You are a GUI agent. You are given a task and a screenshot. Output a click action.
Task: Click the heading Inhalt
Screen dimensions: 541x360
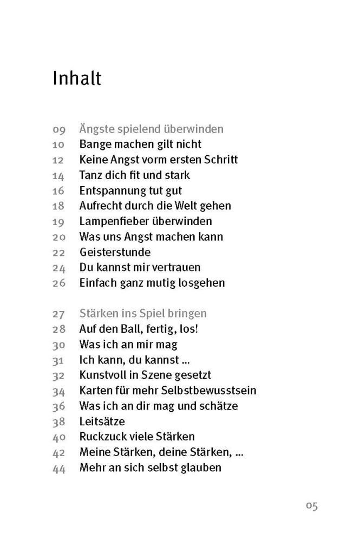[x=77, y=78]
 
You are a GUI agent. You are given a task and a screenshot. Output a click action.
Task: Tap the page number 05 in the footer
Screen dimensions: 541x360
[x=311, y=506]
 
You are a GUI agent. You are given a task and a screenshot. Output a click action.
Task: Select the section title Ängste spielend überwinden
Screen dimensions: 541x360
[x=152, y=129]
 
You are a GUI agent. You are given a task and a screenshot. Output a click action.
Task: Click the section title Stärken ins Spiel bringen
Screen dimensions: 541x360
[x=143, y=313]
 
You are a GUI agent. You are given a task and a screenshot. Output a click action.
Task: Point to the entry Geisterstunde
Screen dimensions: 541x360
[x=115, y=252]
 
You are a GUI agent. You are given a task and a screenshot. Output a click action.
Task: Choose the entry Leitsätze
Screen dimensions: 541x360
[x=102, y=421]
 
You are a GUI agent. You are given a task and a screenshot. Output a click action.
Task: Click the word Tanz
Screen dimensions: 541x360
[x=90, y=175]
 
